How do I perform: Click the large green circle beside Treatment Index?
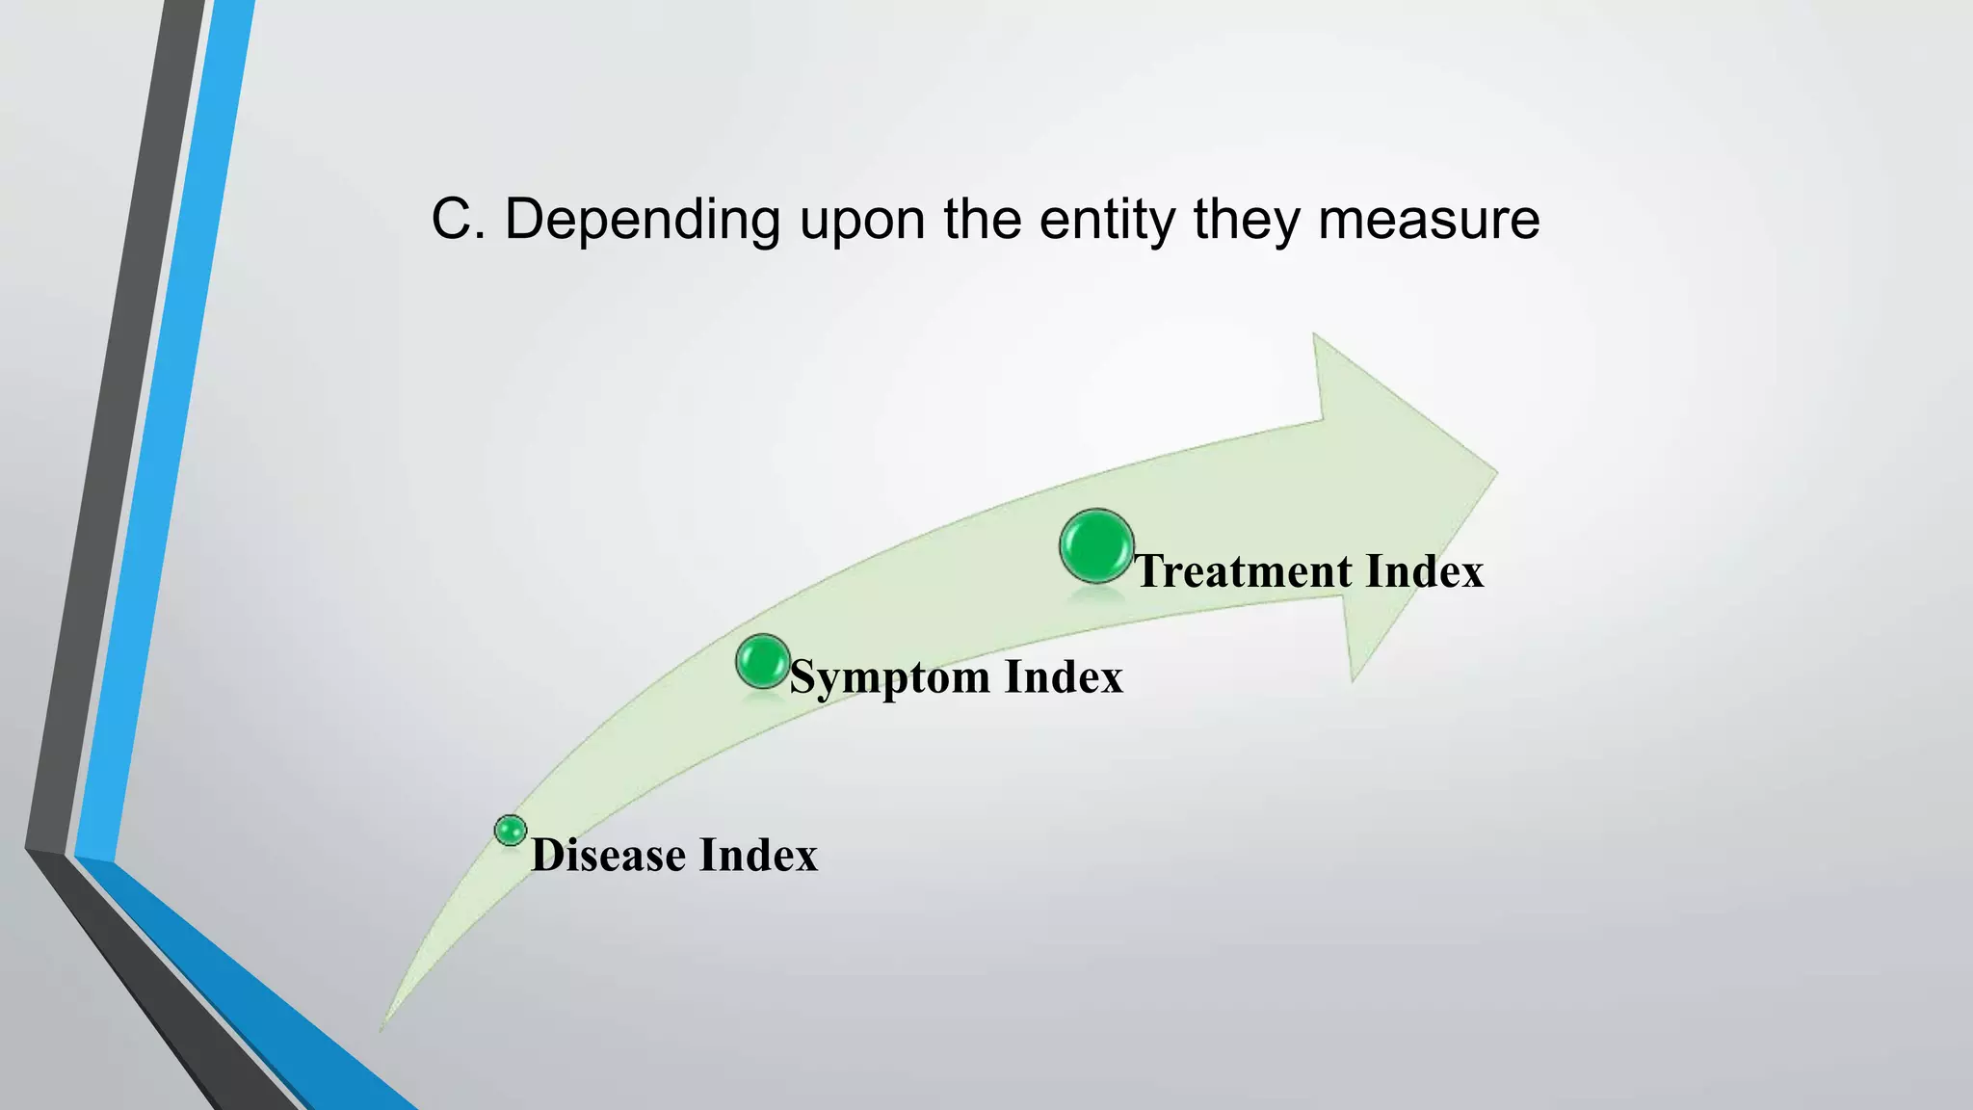1096,546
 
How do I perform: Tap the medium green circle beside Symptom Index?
763,661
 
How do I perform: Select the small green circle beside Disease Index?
511,830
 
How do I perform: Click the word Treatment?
1242,571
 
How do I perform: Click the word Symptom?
890,678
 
